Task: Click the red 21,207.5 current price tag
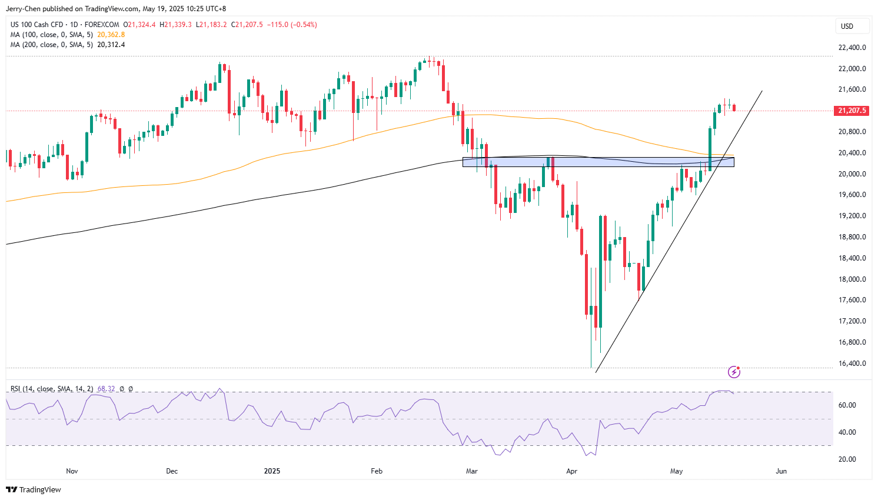[852, 111]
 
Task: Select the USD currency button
[847, 26]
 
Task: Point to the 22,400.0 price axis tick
[852, 48]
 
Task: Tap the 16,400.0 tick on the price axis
[852, 364]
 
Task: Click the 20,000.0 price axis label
[852, 174]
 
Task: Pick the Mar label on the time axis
[471, 471]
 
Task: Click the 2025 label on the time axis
[272, 471]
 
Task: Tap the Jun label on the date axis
[781, 471]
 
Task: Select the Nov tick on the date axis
[72, 471]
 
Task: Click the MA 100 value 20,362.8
[111, 35]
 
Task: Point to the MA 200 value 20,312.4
[111, 45]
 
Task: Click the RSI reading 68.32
[106, 389]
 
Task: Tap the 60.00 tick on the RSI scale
[847, 405]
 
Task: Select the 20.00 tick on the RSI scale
[847, 459]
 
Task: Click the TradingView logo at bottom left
[34, 490]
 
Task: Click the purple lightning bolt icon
[734, 372]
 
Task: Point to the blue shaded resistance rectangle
[598, 162]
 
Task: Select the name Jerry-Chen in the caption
[24, 9]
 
